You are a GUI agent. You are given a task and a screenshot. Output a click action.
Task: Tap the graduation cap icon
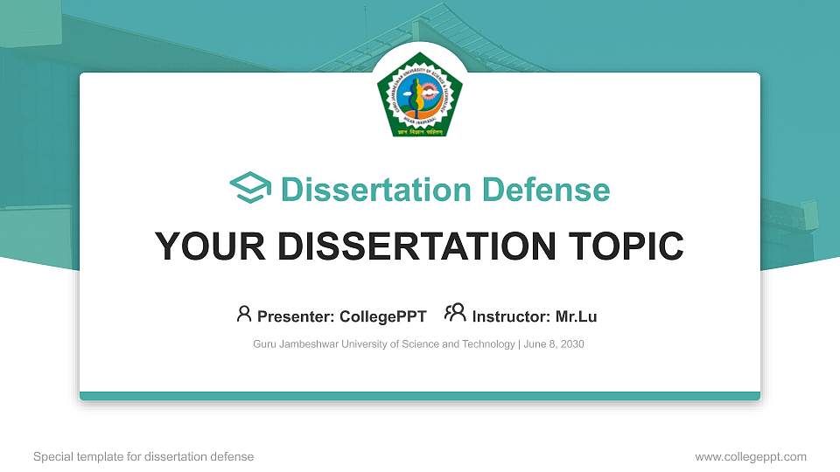click(250, 189)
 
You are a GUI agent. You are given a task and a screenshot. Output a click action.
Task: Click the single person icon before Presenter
click(244, 314)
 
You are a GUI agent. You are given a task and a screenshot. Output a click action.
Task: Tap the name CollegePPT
click(384, 316)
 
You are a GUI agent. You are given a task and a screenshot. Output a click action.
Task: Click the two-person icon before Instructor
click(455, 314)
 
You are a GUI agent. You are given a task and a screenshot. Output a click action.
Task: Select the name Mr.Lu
click(577, 316)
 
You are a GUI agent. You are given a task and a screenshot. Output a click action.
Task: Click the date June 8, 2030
click(554, 344)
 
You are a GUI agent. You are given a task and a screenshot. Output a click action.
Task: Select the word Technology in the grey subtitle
click(491, 344)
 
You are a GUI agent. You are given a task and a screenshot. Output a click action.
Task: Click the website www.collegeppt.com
click(751, 457)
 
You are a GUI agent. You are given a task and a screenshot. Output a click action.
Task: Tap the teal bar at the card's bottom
click(420, 396)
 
